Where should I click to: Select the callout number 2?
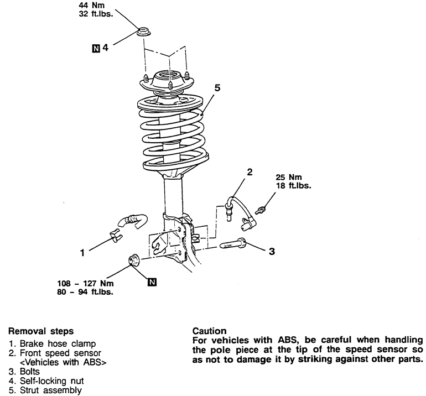tap(250, 172)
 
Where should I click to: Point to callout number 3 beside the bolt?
tap(271, 252)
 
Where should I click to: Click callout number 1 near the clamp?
tap(82, 253)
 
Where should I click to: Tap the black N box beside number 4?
tap(96, 48)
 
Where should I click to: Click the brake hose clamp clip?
tap(117, 236)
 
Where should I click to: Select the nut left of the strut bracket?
tap(134, 259)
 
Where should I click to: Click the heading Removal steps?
tap(40, 331)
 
